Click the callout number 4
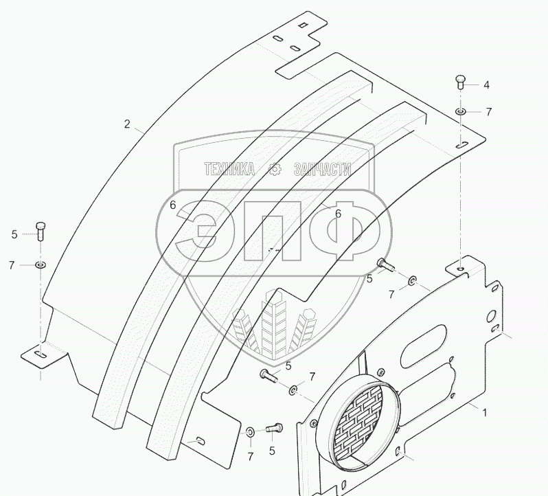[486, 85]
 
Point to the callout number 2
[127, 124]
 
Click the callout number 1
[484, 413]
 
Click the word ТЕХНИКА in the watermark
[228, 169]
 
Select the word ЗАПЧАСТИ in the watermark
[322, 169]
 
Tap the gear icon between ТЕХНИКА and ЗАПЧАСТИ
[275, 169]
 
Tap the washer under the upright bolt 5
[41, 264]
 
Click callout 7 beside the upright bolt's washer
[12, 265]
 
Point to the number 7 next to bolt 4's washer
[488, 111]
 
